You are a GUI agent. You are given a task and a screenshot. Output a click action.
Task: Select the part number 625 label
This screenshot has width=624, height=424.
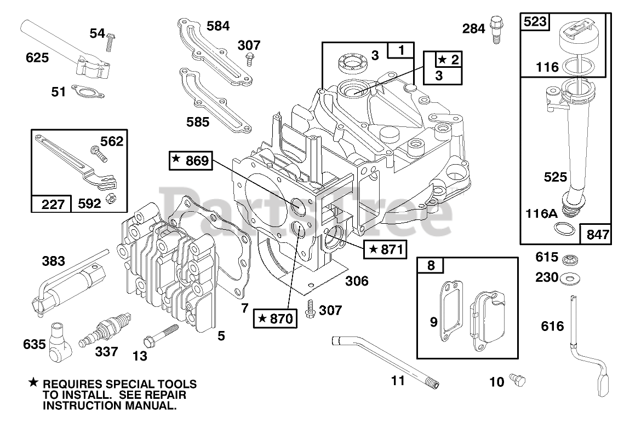(37, 58)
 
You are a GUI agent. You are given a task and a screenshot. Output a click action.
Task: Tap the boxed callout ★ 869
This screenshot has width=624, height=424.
(191, 160)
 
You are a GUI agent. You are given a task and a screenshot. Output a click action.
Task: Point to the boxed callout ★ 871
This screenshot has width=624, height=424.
(385, 249)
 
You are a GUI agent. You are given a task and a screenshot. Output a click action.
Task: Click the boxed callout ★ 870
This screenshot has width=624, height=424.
(276, 318)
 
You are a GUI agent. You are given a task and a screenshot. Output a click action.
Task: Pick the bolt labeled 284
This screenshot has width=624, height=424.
(496, 29)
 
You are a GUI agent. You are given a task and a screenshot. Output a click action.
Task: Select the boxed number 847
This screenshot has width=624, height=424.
(595, 234)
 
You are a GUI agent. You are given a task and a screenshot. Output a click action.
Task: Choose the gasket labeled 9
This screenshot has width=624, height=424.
(451, 311)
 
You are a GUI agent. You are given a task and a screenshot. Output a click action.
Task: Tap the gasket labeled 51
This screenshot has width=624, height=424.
(88, 91)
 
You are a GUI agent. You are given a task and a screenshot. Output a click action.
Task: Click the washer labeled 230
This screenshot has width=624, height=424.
(570, 278)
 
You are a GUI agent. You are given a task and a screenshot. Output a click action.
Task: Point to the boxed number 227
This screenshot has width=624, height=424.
(51, 204)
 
